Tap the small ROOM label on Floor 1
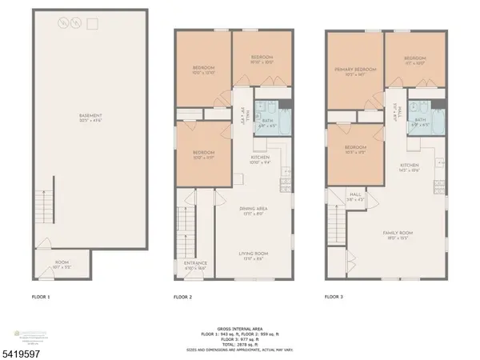point(62,261)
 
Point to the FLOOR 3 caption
point(335,297)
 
